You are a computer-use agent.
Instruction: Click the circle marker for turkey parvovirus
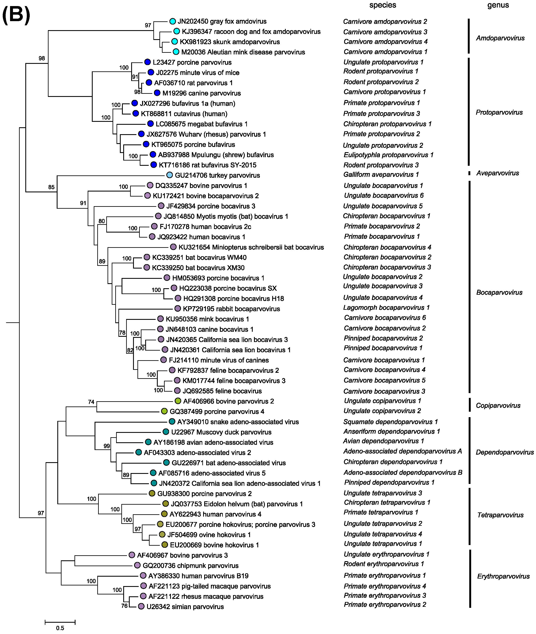pos(169,175)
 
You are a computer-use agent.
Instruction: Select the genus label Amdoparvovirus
pos(500,38)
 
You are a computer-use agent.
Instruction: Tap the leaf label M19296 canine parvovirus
pos(201,93)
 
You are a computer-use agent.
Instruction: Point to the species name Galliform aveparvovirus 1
pos(381,174)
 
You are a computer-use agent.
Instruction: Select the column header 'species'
pos(383,5)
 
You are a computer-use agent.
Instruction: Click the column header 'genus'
pos(498,5)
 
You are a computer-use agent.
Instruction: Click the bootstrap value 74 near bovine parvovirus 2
pos(91,402)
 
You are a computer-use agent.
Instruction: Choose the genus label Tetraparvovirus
pos(500,515)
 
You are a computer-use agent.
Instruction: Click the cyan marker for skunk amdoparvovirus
pos(174,42)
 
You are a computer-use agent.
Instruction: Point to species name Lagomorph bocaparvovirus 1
pos(386,307)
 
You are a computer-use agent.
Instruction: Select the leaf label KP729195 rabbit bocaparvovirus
pos(231,309)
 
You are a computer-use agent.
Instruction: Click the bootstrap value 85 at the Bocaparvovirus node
pos(51,187)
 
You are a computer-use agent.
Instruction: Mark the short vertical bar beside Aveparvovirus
pos(469,173)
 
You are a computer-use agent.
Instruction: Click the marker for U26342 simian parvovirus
pos(141,606)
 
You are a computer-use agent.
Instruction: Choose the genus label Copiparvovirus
pos(498,405)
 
